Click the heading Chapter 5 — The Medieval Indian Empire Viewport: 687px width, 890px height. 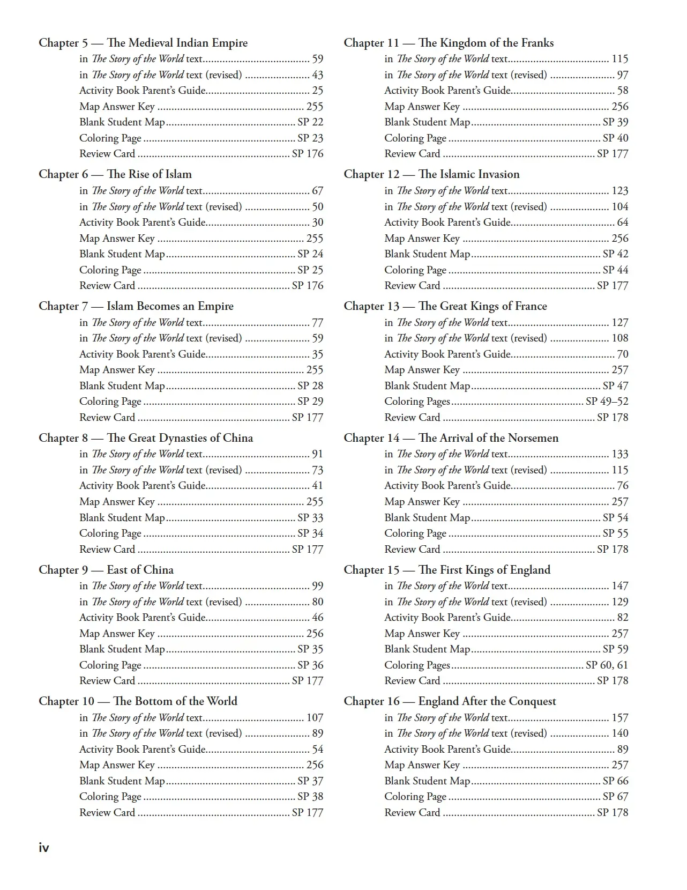click(143, 43)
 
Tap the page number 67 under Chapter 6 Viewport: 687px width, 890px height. click(317, 191)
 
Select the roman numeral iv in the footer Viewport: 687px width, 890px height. click(44, 848)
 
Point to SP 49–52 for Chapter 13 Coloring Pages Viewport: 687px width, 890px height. click(607, 402)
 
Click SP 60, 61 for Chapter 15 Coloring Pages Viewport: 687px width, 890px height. click(607, 665)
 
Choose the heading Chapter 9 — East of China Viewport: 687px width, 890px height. click(106, 570)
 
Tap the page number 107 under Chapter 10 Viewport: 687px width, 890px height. click(315, 717)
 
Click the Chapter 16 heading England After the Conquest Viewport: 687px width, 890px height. click(487, 701)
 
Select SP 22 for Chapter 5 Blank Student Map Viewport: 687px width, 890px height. click(310, 122)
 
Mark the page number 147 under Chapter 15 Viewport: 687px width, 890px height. click(619, 586)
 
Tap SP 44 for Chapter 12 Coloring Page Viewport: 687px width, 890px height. click(615, 270)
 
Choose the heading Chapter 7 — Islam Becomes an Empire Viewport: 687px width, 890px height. click(136, 306)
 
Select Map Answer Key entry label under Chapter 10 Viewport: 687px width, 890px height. click(117, 765)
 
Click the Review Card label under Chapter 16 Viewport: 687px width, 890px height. click(412, 812)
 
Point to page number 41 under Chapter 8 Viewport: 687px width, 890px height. click(317, 486)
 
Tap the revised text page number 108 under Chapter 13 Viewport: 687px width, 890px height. click(619, 338)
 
